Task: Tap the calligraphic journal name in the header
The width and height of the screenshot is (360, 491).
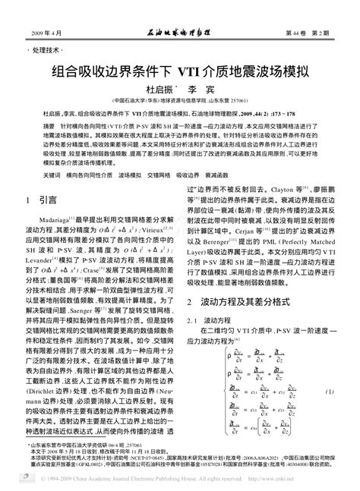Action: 180,33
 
